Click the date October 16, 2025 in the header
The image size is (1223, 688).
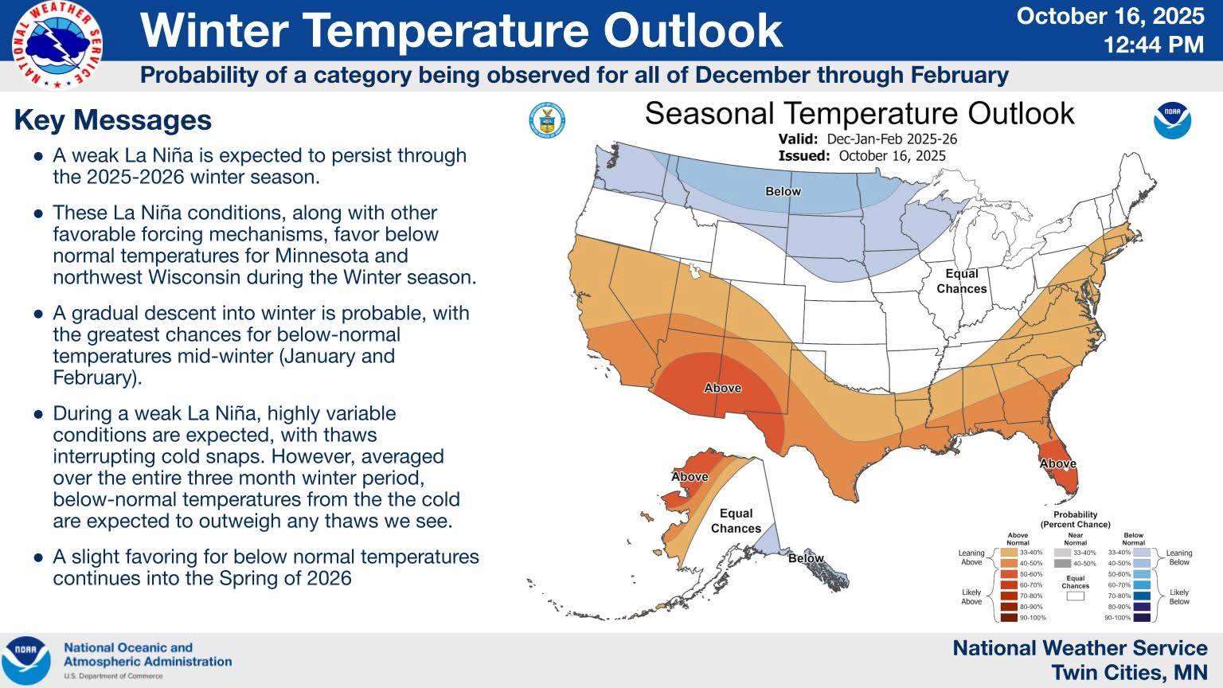[x=1111, y=16]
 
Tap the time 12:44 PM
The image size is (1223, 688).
[x=1154, y=45]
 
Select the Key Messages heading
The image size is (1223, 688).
[x=113, y=120]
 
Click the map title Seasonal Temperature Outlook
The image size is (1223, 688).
[x=859, y=113]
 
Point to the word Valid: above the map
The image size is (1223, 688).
[x=798, y=139]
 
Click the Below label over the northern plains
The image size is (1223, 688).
[x=783, y=191]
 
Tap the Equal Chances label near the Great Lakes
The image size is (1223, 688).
[x=961, y=281]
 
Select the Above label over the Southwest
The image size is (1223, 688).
[x=722, y=388]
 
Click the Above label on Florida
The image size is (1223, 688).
[x=1057, y=463]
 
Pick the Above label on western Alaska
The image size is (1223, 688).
[x=690, y=477]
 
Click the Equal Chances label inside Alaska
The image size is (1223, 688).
[x=736, y=521]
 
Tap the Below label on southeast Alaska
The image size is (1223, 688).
[x=806, y=558]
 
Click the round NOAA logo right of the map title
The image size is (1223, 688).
[x=1172, y=120]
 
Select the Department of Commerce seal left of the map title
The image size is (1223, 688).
[x=547, y=121]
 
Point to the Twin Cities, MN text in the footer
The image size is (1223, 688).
[x=1129, y=672]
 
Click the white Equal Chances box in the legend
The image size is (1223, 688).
[x=1076, y=595]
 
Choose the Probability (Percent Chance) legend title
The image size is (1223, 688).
[x=1075, y=519]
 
